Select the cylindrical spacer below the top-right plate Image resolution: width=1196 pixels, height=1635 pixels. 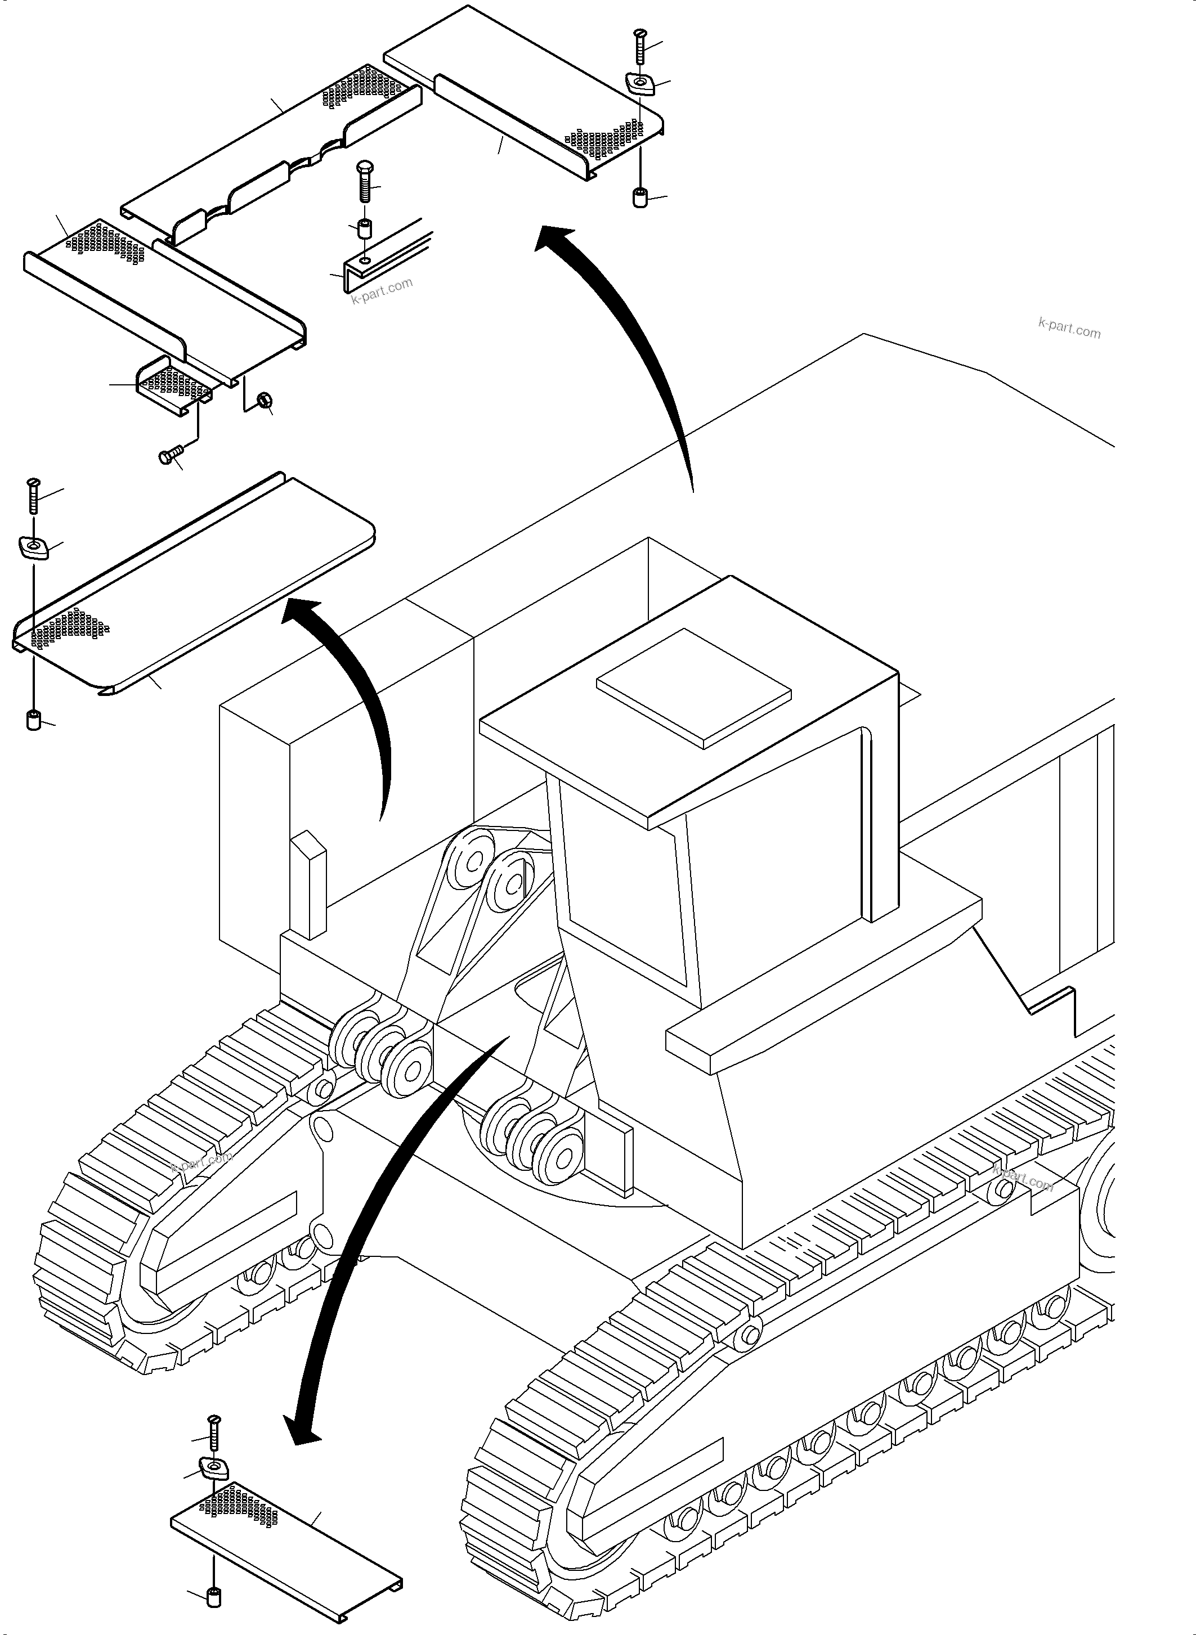[640, 197]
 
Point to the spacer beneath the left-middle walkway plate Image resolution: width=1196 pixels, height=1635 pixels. [33, 721]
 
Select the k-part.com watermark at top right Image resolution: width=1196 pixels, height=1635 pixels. [1069, 329]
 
